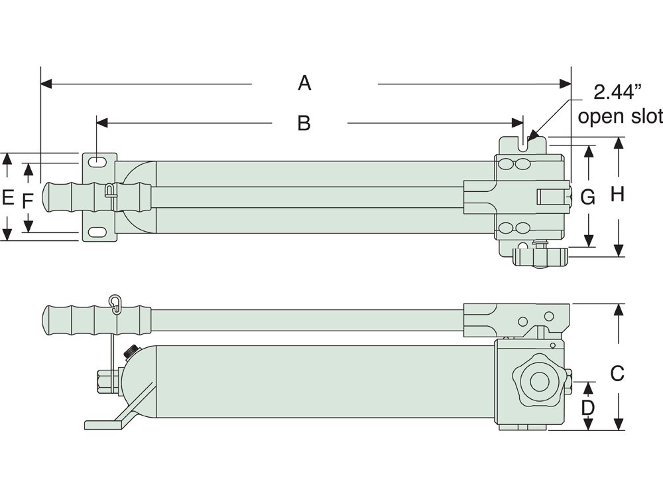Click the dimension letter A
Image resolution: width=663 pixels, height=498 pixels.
coord(304,83)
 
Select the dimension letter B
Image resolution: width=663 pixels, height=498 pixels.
coord(304,123)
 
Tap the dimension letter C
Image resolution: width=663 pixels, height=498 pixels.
coord(617,374)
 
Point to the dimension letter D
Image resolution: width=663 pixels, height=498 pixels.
coord(587,406)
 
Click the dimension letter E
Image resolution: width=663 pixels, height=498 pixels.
coord(8,197)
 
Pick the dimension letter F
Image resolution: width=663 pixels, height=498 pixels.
coord(27,201)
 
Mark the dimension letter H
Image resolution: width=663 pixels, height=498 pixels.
coord(618,195)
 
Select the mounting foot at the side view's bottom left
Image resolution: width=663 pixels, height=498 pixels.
coord(106,423)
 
